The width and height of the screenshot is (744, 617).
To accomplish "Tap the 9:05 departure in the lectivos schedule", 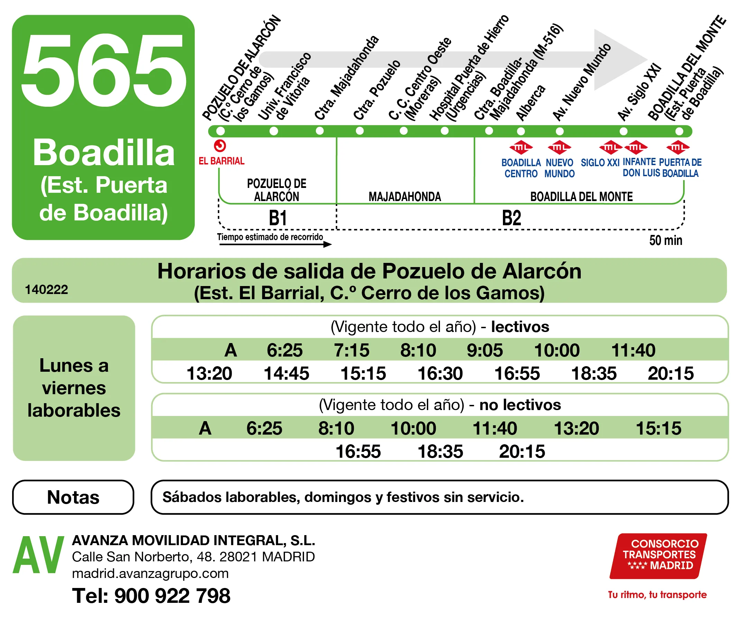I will (485, 350).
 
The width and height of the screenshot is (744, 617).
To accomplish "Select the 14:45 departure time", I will (286, 373).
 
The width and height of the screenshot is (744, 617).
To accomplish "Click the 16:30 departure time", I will (440, 373).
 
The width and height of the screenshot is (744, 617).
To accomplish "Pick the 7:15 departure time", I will (351, 350).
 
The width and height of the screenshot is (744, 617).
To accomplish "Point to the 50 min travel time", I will (665, 240).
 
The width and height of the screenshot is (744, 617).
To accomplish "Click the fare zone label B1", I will (278, 218).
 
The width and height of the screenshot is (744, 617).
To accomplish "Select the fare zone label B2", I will (511, 218).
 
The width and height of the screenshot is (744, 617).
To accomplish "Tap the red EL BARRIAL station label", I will (221, 161).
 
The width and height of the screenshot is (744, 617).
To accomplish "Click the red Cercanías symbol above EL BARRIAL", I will (220, 146).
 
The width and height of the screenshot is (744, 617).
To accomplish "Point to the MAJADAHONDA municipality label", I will (405, 197).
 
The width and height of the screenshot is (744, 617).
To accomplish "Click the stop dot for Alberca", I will (521, 131).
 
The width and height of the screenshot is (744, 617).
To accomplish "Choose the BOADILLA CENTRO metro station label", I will (521, 168).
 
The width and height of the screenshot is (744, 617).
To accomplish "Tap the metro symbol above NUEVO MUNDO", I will (559, 147).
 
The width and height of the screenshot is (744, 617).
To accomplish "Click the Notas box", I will (73, 497).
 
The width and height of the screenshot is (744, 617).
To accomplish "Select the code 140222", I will (46, 290).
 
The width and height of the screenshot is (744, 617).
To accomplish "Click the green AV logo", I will (38, 555).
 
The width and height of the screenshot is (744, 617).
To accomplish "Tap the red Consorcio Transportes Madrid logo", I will (658, 556).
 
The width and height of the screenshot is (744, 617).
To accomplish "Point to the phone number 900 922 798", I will (172, 596).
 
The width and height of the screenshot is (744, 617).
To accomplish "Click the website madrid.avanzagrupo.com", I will (150, 573).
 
